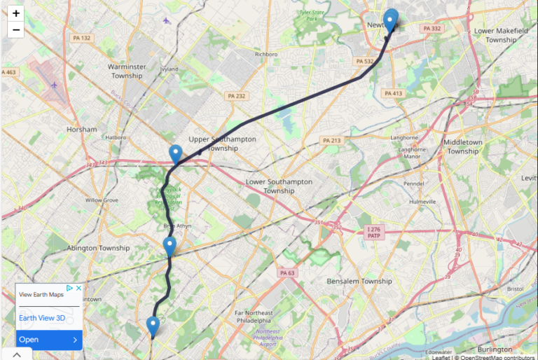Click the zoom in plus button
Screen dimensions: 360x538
pos(15,13)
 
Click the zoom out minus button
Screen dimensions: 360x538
pos(15,29)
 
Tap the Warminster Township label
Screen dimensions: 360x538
pos(126,71)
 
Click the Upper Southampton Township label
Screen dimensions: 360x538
pos(223,144)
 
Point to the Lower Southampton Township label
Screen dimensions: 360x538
pos(280,186)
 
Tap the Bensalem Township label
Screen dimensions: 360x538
pos(359,281)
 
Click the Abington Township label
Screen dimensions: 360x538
pos(98,248)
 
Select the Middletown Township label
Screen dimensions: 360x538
pos(463,146)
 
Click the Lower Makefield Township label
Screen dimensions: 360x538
pos(495,35)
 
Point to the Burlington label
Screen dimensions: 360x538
pos(495,349)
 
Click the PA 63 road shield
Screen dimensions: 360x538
pos(288,273)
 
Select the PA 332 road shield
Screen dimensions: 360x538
pos(432,29)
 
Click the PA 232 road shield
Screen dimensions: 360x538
pos(236,96)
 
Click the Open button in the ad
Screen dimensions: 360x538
pos(49,340)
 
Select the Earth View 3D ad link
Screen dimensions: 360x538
pos(42,318)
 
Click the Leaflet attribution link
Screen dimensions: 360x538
pos(441,356)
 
